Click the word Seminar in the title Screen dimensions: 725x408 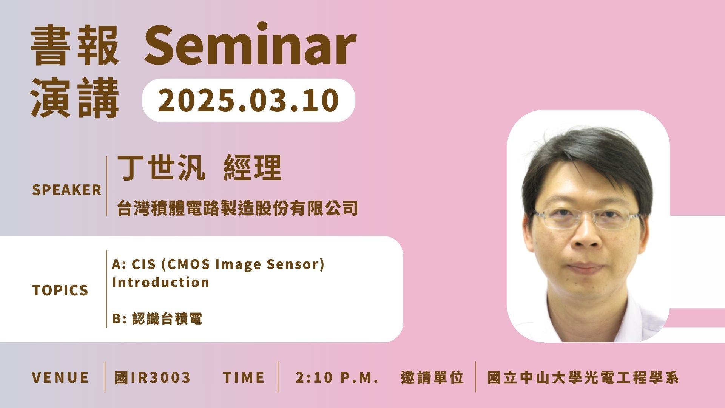click(250, 45)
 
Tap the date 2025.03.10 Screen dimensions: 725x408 click(248, 100)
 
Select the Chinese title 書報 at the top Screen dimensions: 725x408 click(74, 46)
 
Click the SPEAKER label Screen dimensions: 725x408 click(67, 190)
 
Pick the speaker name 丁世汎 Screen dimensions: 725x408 click(161, 168)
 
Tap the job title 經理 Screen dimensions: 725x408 click(253, 168)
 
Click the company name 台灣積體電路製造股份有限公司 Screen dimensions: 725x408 click(238, 208)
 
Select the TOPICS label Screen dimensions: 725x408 click(60, 290)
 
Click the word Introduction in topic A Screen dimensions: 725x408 click(160, 282)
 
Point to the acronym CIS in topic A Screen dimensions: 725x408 click(144, 264)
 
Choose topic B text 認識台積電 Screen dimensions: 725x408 click(167, 318)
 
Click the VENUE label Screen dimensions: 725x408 click(60, 377)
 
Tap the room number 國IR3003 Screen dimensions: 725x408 click(153, 377)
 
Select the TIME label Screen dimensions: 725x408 click(244, 377)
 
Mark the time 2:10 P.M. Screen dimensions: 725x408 click(337, 377)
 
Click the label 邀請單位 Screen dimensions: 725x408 click(432, 377)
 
